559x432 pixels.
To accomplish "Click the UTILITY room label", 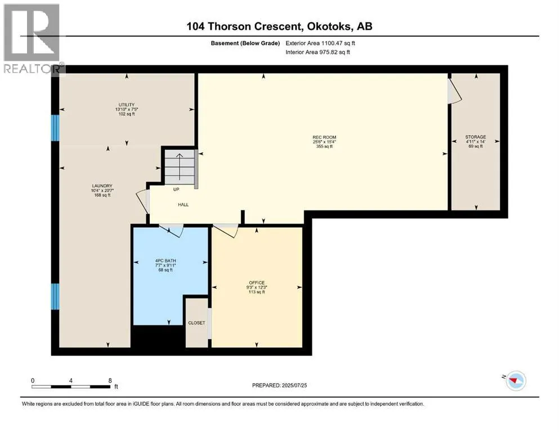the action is (x=127, y=105).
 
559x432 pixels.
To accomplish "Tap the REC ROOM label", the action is (x=324, y=137).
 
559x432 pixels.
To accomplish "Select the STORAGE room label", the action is (x=476, y=137).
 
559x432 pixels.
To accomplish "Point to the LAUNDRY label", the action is (x=102, y=186).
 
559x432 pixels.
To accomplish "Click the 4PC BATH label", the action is (x=166, y=260).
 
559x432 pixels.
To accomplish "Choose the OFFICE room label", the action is (x=257, y=283).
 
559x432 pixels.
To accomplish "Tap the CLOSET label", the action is (x=197, y=323).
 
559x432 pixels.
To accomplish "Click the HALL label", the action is (x=184, y=205).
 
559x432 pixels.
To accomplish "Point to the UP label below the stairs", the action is (x=176, y=190).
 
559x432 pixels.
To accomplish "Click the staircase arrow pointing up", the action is (x=180, y=166).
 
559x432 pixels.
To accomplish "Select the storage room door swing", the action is (x=455, y=91).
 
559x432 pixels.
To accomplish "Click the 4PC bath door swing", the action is (x=172, y=231).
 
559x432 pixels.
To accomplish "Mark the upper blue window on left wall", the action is (x=55, y=128).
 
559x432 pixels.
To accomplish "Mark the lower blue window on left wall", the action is (x=55, y=296).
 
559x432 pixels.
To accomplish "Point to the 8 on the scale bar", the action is (x=110, y=380).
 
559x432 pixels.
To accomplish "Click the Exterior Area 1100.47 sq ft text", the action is (x=320, y=43).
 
